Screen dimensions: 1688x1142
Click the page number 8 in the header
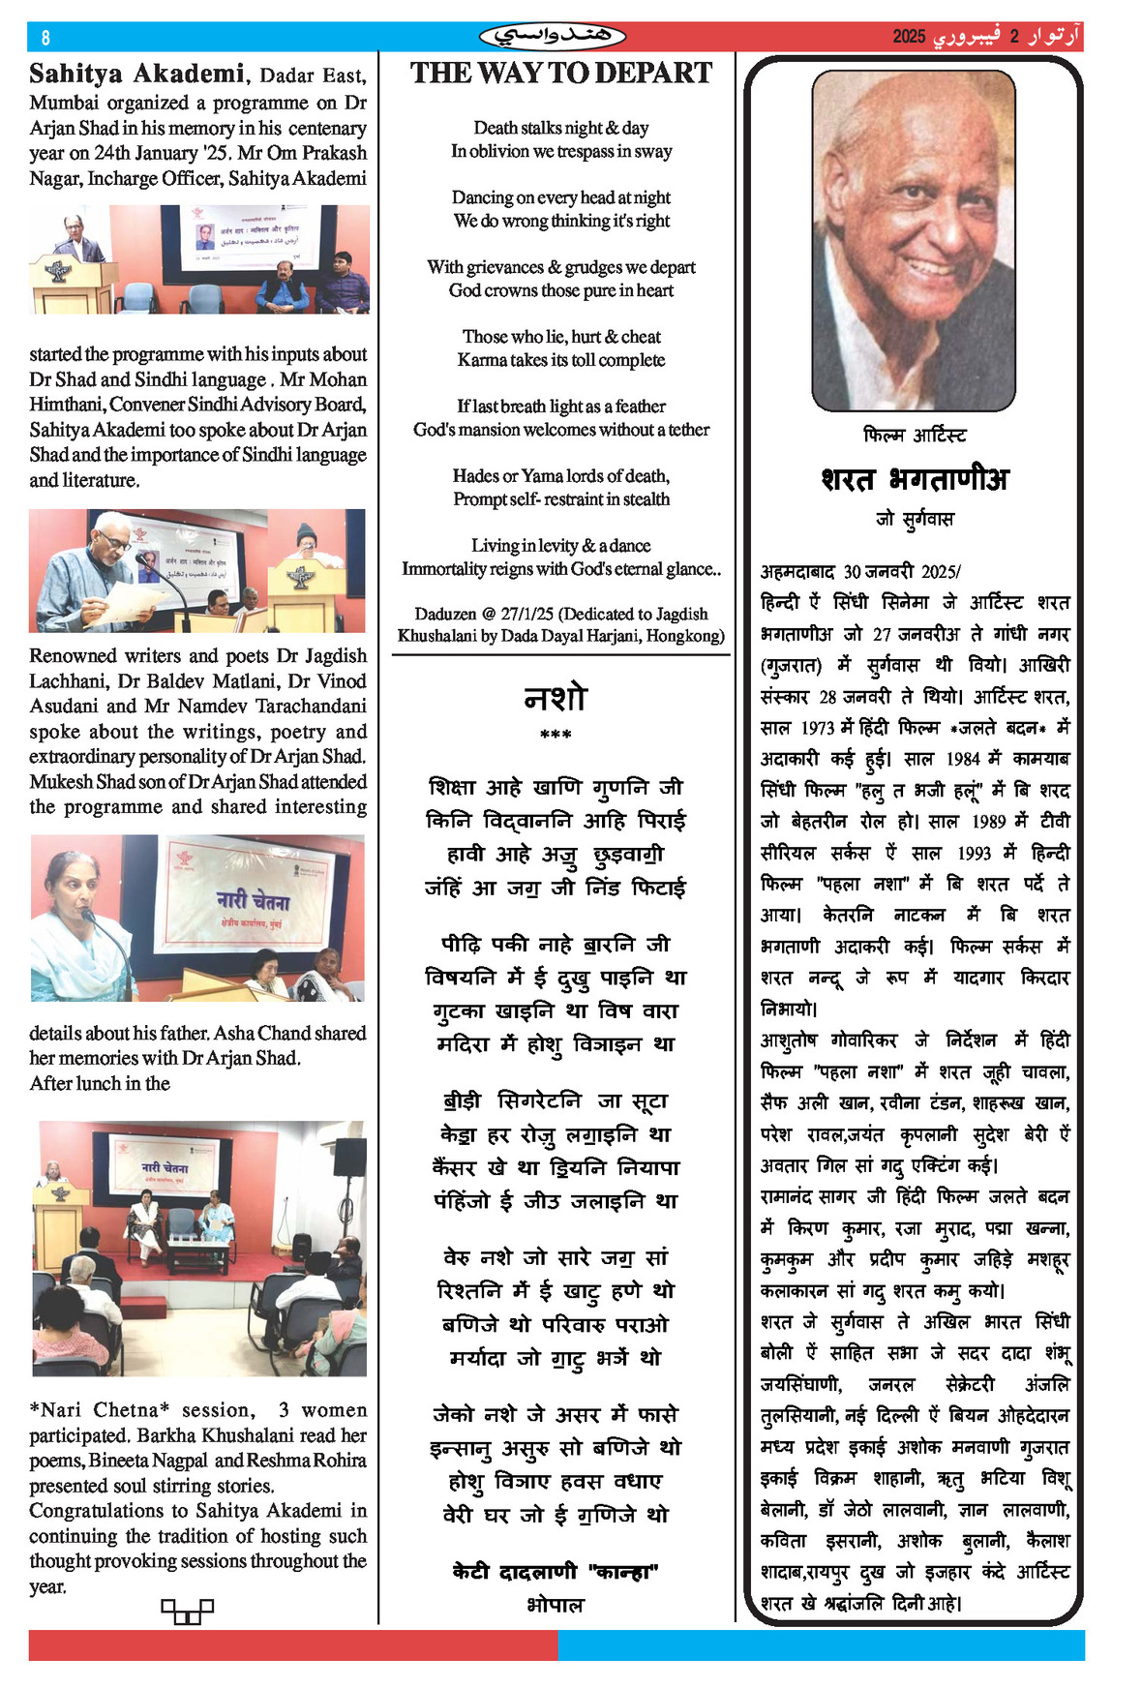[45, 38]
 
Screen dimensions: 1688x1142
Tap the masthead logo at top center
[553, 37]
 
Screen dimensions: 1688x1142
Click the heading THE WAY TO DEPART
[560, 74]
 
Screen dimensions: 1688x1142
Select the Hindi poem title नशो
[556, 698]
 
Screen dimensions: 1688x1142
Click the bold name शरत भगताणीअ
[914, 479]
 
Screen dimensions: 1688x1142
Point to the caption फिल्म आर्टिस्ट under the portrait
[914, 436]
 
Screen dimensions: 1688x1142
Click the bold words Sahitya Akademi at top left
[136, 75]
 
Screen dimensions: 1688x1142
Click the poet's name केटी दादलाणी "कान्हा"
[556, 1572]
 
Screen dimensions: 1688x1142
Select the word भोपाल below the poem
[556, 1605]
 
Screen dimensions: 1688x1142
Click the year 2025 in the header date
[909, 38]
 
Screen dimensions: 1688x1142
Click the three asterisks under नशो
[556, 736]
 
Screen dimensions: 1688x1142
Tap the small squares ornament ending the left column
[187, 1611]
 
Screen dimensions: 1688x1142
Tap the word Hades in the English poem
[474, 476]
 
